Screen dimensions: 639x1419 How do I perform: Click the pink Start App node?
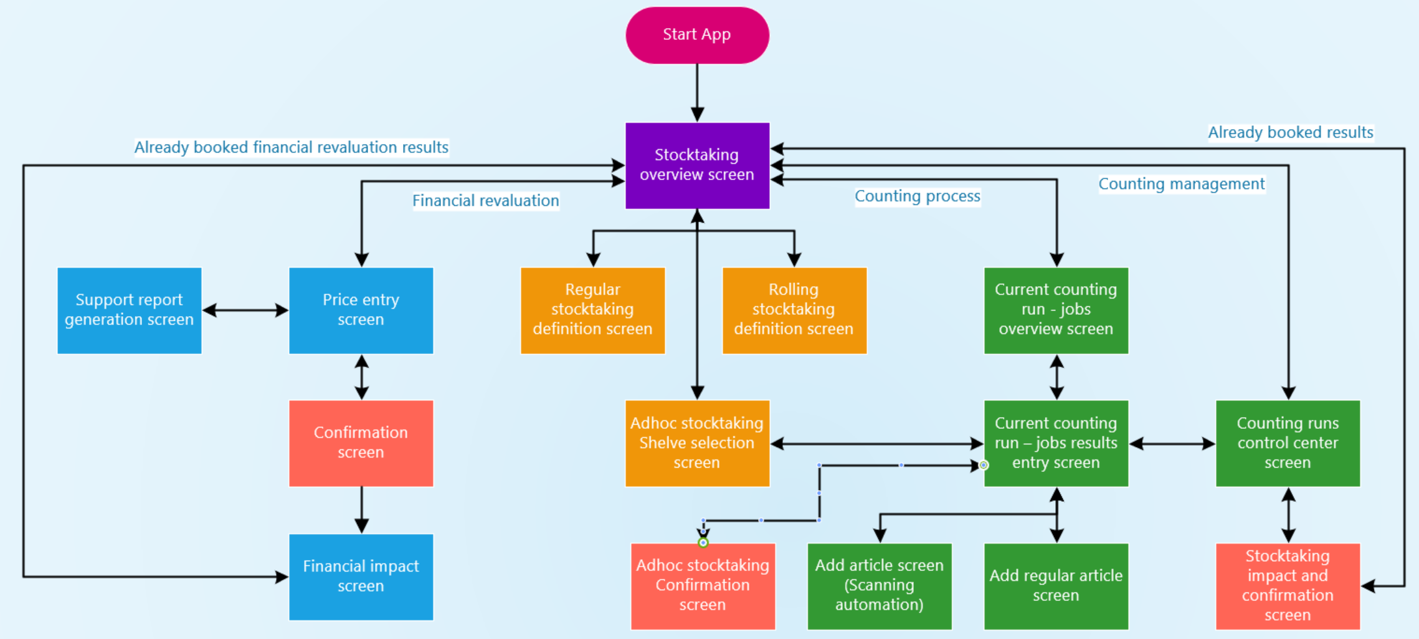tap(697, 35)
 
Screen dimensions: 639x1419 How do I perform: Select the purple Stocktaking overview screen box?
tap(697, 165)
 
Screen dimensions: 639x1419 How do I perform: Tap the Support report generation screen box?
tap(129, 310)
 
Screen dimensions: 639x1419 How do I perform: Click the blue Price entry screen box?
tap(361, 310)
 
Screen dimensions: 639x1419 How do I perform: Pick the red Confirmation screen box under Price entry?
tap(361, 443)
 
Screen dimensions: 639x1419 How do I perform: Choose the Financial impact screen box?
tap(361, 576)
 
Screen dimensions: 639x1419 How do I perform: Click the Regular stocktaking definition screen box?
tap(592, 310)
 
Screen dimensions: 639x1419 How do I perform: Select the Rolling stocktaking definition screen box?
tap(794, 310)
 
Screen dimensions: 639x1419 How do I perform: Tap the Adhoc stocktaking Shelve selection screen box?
tap(697, 443)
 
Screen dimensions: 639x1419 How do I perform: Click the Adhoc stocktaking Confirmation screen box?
tap(703, 585)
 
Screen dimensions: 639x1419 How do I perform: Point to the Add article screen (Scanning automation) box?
tap(879, 585)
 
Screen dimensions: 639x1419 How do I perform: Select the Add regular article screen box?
tap(1056, 585)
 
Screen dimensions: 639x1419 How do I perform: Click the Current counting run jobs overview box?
tap(1056, 310)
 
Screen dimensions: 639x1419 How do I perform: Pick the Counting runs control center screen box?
tap(1288, 443)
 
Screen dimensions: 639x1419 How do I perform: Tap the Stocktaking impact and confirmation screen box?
tap(1288, 585)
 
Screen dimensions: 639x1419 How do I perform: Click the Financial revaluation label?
tap(485, 201)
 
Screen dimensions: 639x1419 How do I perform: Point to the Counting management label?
tap(1181, 184)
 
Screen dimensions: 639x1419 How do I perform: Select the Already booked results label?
tap(1290, 133)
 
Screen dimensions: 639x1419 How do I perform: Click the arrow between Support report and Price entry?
tap(245, 310)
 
